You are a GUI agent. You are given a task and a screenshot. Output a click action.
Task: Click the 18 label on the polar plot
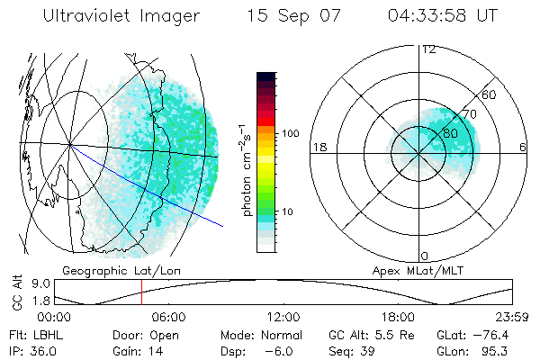click(318, 147)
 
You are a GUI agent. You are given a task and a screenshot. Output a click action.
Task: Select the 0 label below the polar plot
click(425, 256)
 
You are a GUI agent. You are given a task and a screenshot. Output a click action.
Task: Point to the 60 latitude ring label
click(490, 94)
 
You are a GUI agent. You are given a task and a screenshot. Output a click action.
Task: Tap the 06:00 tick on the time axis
click(168, 317)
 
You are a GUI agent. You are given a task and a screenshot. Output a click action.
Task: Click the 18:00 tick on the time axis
click(398, 317)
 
